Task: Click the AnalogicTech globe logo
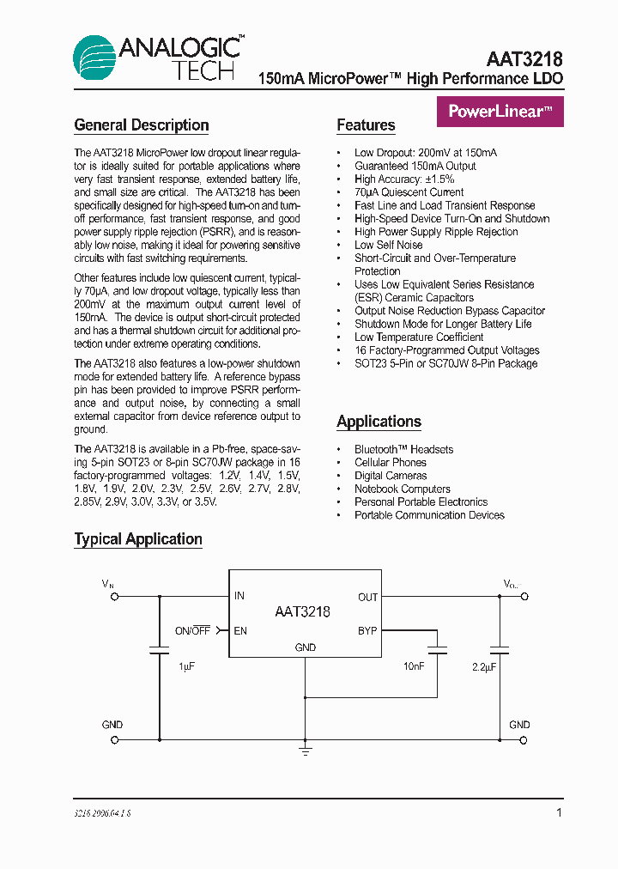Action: click(94, 58)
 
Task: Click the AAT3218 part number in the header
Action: click(524, 59)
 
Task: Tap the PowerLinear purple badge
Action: click(500, 111)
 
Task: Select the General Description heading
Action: click(142, 125)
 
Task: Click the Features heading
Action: click(366, 125)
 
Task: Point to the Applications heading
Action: click(379, 422)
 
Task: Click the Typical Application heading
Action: click(138, 539)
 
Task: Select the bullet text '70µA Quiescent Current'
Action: click(409, 192)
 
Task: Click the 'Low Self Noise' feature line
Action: click(388, 245)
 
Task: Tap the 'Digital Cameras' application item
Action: click(391, 476)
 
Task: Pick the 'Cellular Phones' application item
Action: click(391, 463)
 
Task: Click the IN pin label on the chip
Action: click(239, 596)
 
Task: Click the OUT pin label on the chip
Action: click(367, 597)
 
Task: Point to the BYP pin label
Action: click(367, 631)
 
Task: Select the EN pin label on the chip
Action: click(240, 631)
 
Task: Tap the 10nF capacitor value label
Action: click(414, 666)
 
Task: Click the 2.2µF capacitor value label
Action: click(486, 666)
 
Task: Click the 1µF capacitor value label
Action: click(187, 666)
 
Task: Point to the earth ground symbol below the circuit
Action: click(305, 750)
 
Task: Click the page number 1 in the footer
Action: click(560, 812)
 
